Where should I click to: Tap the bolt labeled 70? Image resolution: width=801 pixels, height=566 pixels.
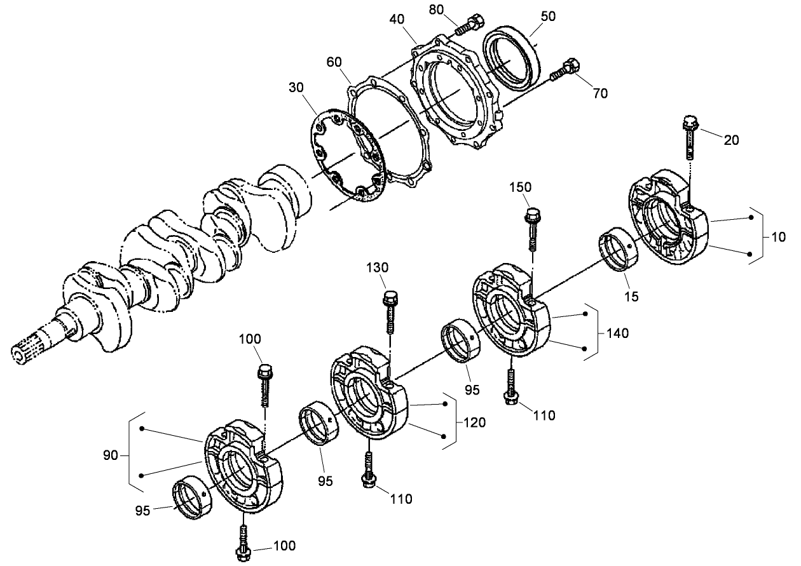click(x=564, y=69)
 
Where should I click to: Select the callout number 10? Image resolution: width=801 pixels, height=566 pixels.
click(x=778, y=237)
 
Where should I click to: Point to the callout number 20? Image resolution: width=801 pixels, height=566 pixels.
click(x=732, y=140)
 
